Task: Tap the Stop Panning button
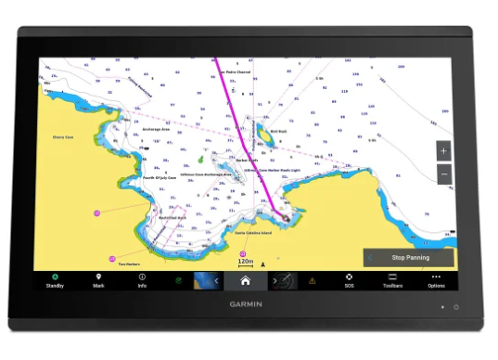pos(410,257)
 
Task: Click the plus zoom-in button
pos(443,150)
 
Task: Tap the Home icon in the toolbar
pos(245,279)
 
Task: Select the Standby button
pos(55,280)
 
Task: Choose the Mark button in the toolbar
pos(98,280)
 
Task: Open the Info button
pos(142,280)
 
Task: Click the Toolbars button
pos(392,280)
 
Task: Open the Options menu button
pos(436,280)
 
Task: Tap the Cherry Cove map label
pos(62,136)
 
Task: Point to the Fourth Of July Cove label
pos(160,176)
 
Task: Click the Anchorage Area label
pos(155,129)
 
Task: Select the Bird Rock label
pos(277,131)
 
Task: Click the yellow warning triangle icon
pos(313,279)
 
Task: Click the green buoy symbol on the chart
pos(198,160)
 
